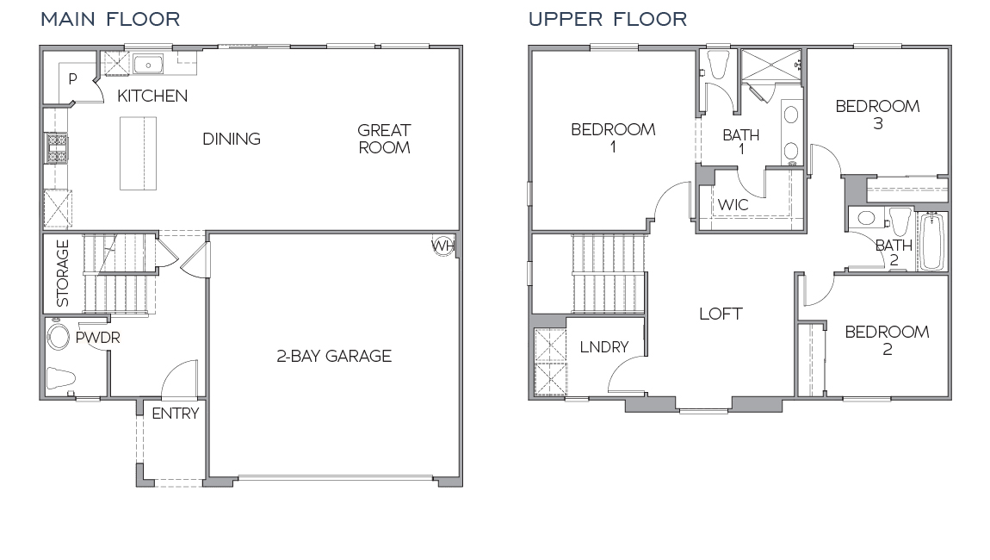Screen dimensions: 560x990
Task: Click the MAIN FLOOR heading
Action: [110, 19]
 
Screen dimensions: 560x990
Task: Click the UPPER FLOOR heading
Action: [608, 19]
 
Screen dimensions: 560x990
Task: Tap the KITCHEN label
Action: [152, 96]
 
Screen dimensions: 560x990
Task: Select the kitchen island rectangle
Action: [139, 152]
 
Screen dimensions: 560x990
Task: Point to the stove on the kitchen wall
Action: [57, 148]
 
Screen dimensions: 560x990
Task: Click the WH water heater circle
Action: [442, 246]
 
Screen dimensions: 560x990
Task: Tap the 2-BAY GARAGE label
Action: [334, 356]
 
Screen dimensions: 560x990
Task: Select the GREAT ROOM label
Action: [384, 139]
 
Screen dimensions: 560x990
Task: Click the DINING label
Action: [232, 139]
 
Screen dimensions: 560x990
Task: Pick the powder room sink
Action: [59, 336]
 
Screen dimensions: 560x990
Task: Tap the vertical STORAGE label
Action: [63, 274]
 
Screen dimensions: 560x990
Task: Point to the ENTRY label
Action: [175, 414]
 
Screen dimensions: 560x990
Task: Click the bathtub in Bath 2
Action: [931, 242]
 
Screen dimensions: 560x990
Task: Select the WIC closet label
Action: [733, 206]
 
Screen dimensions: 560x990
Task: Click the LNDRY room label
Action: [603, 347]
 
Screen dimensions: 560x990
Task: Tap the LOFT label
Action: [721, 314]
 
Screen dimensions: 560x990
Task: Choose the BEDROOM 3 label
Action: [877, 115]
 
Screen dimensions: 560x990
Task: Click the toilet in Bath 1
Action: [717, 65]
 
